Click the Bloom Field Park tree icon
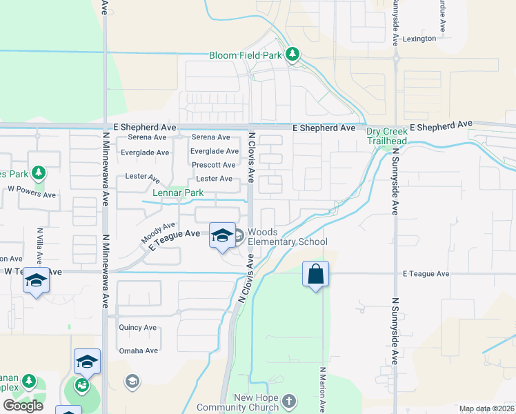click(x=292, y=55)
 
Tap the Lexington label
click(x=420, y=39)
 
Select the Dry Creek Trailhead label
click(x=386, y=136)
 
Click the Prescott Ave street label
click(x=214, y=165)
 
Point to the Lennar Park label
click(x=178, y=193)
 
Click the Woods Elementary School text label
click(x=286, y=237)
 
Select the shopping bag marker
click(x=315, y=274)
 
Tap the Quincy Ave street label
click(x=139, y=327)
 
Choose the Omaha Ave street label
click(x=139, y=351)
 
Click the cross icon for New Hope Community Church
click(x=288, y=400)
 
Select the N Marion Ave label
click(x=322, y=389)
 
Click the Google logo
click(x=23, y=405)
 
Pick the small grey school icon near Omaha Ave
click(x=132, y=381)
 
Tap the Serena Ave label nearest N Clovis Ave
click(x=211, y=137)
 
